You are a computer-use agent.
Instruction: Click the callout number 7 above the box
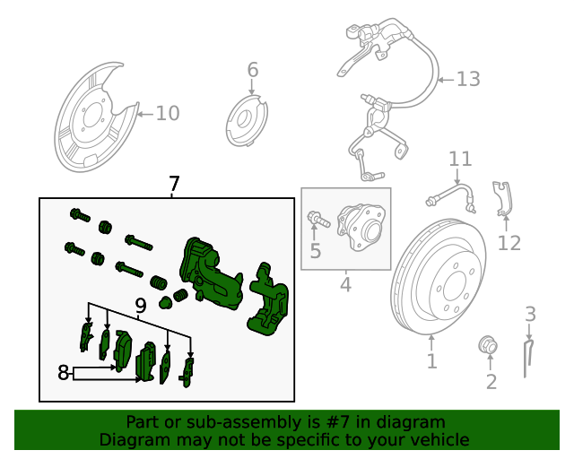[174, 185]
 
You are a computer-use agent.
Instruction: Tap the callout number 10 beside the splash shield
[168, 113]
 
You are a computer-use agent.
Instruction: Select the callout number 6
[252, 70]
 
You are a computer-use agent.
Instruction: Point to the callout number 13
[468, 80]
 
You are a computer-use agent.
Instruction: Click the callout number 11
[460, 160]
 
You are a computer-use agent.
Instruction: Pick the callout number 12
[509, 242]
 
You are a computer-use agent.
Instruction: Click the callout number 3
[530, 314]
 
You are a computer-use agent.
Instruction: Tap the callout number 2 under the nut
[491, 383]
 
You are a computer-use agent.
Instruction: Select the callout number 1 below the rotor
[431, 361]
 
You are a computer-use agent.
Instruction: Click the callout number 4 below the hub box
[345, 286]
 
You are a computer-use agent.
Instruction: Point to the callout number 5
[315, 251]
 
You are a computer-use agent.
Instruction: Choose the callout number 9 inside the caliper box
[141, 307]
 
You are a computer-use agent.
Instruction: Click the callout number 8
[64, 372]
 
